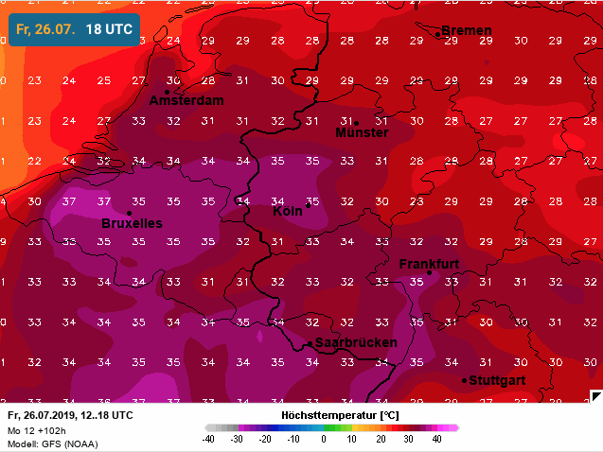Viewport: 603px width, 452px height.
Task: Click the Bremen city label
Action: point(467,31)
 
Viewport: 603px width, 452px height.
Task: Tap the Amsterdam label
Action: point(186,101)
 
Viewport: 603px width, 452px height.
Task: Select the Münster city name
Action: point(362,133)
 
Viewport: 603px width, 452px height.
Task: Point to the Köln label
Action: point(287,211)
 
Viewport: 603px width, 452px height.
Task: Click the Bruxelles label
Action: point(132,224)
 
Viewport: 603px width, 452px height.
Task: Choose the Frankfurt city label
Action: point(429,264)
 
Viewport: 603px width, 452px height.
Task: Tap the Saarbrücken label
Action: point(356,343)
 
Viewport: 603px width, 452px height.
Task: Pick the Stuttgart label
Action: point(497,381)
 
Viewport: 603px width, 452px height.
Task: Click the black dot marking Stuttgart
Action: point(465,380)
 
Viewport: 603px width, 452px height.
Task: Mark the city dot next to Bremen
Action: point(438,34)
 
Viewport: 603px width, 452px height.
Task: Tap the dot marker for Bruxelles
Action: point(129,213)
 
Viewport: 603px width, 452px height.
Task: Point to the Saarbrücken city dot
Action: point(310,343)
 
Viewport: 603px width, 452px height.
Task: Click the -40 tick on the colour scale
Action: point(209,440)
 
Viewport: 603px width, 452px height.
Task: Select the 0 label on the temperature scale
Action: point(324,440)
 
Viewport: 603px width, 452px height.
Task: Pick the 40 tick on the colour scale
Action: point(437,440)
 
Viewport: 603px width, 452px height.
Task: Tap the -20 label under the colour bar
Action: point(266,440)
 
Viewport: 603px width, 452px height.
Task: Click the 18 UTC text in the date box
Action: point(109,29)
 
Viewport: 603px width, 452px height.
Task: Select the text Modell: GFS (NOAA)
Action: point(51,443)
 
